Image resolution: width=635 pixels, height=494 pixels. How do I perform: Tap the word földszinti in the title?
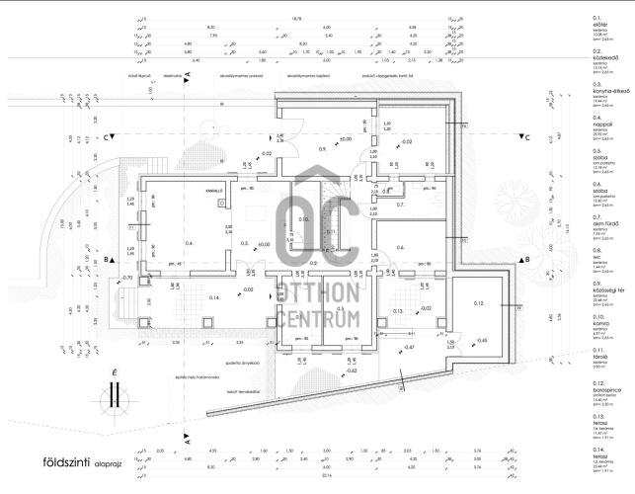tap(61, 461)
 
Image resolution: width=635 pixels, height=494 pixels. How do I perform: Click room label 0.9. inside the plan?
tap(322, 147)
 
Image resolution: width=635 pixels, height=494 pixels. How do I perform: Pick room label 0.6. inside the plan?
tap(399, 247)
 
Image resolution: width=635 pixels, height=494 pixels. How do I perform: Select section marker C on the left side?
tap(108, 138)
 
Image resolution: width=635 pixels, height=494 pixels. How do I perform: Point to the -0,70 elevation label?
tap(126, 279)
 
